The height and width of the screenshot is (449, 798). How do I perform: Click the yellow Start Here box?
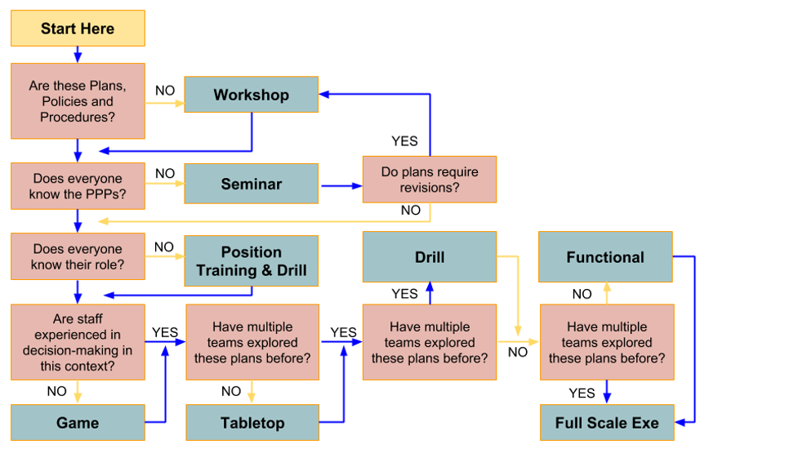pyautogui.click(x=78, y=29)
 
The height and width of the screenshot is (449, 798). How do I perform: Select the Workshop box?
pyautogui.click(x=252, y=95)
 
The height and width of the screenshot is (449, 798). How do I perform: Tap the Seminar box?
pyautogui.click(x=252, y=184)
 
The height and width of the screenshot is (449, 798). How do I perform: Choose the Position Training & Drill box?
pyautogui.click(x=252, y=261)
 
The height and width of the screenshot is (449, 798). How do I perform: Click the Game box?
pyautogui.click(x=78, y=423)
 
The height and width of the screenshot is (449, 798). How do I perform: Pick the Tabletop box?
pyautogui.click(x=252, y=423)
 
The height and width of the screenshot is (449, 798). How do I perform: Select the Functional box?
pyautogui.click(x=605, y=257)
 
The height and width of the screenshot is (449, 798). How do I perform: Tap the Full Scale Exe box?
pyautogui.click(x=607, y=423)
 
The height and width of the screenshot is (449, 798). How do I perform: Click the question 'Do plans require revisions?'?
pyautogui.click(x=430, y=180)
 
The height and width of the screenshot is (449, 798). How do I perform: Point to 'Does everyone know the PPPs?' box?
pyautogui.click(x=78, y=186)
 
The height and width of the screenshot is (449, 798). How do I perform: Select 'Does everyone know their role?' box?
pyautogui.click(x=78, y=256)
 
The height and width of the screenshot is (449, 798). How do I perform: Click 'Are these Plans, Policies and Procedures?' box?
pyautogui.click(x=78, y=101)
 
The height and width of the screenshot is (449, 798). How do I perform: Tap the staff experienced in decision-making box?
pyautogui.click(x=78, y=342)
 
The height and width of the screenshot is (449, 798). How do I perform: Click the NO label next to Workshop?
pyautogui.click(x=165, y=91)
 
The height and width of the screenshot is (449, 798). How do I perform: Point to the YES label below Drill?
pyautogui.click(x=404, y=294)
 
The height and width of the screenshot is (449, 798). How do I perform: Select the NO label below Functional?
pyautogui.click(x=582, y=294)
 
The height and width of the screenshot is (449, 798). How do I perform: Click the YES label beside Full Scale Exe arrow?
pyautogui.click(x=582, y=393)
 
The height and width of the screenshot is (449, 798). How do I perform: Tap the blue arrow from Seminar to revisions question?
pyautogui.click(x=341, y=186)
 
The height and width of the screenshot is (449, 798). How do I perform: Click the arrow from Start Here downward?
pyautogui.click(x=78, y=55)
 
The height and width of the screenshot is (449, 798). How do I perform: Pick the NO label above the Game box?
pyautogui.click(x=57, y=391)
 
